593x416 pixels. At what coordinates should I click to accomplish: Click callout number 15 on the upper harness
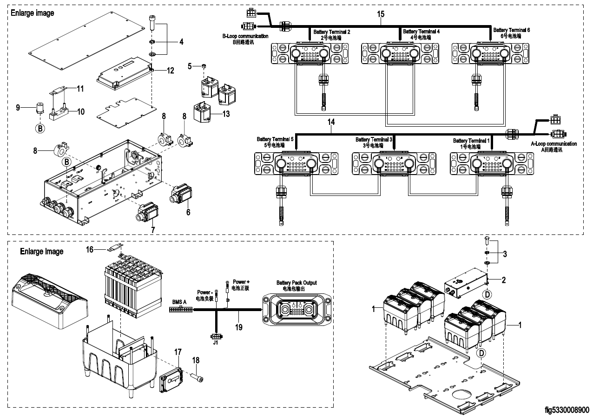381,14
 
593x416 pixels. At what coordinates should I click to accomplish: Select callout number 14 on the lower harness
330,123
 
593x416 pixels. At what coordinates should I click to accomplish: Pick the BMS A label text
179,302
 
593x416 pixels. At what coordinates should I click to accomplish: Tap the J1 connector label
215,344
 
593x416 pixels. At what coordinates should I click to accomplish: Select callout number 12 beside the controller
171,71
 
